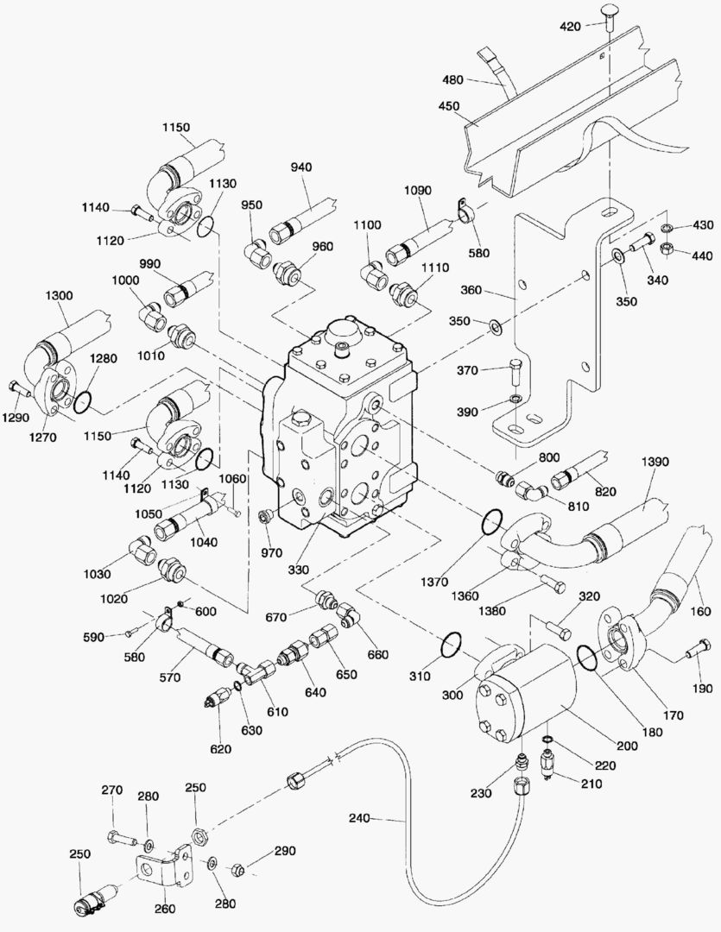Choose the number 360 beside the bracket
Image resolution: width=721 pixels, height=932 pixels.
click(496, 291)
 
